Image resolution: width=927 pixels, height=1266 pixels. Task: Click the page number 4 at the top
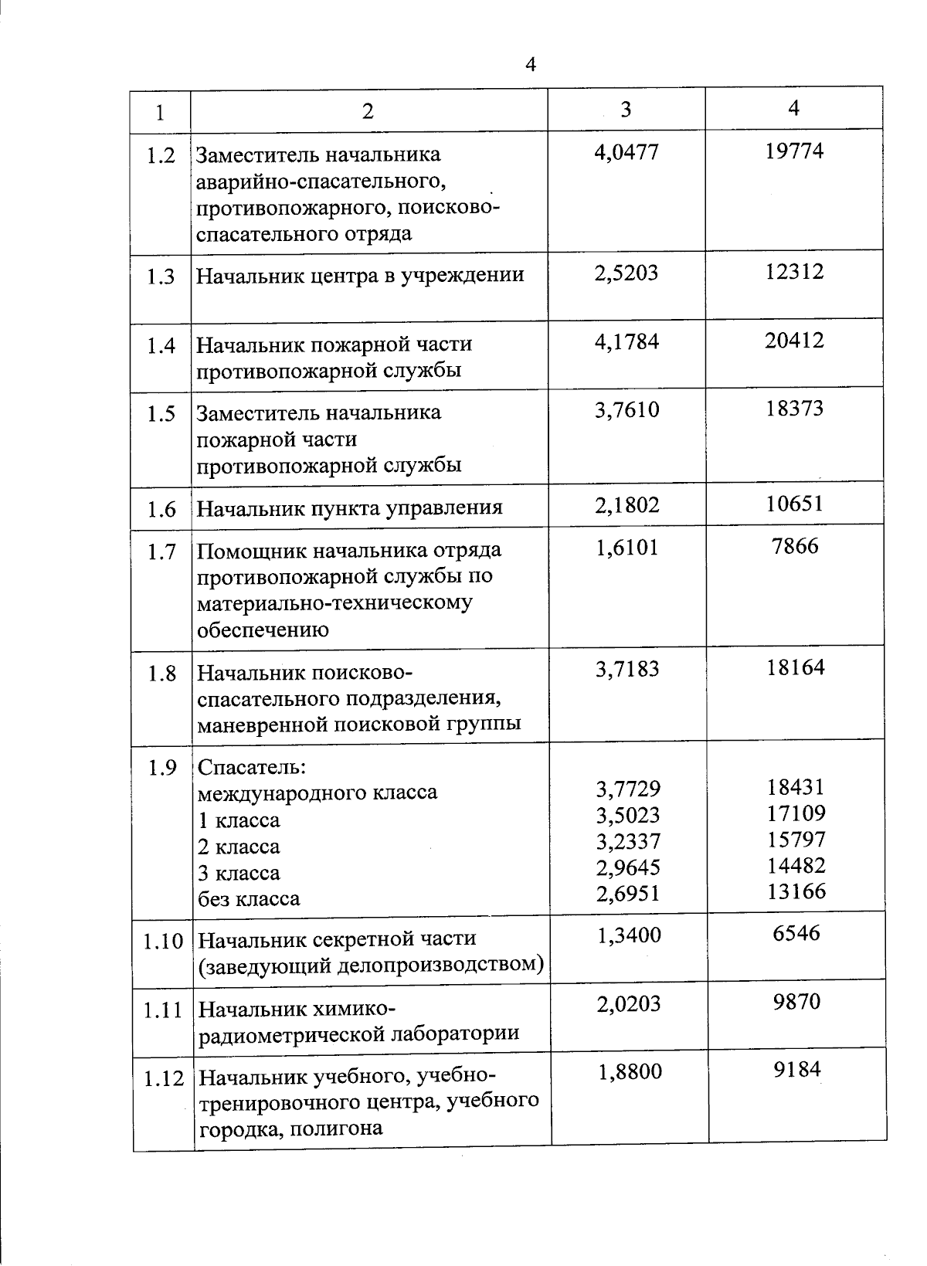point(530,64)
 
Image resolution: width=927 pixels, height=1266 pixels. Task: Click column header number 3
point(626,109)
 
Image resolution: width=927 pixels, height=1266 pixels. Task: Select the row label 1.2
point(161,156)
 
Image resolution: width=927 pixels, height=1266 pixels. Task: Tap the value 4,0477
point(626,151)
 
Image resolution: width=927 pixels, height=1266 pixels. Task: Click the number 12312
point(794,271)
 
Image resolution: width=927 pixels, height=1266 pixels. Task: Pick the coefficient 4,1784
point(626,341)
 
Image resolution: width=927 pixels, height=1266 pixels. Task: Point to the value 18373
point(795,409)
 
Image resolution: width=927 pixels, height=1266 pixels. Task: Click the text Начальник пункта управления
point(349,507)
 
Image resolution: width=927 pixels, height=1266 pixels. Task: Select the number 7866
point(795,547)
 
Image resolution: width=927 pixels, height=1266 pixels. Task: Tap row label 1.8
point(162,674)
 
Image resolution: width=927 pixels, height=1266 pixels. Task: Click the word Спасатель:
point(252,767)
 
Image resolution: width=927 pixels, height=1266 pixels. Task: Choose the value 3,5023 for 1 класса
point(627,815)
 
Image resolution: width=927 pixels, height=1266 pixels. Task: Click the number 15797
point(796,839)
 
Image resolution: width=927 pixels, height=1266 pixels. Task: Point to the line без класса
point(249,899)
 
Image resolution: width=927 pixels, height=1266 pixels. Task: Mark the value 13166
point(796,891)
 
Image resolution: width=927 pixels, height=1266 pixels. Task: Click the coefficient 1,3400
point(629,935)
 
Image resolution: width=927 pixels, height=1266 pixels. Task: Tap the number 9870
point(796,1002)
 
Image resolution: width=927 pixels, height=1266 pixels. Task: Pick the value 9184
point(797,1070)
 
